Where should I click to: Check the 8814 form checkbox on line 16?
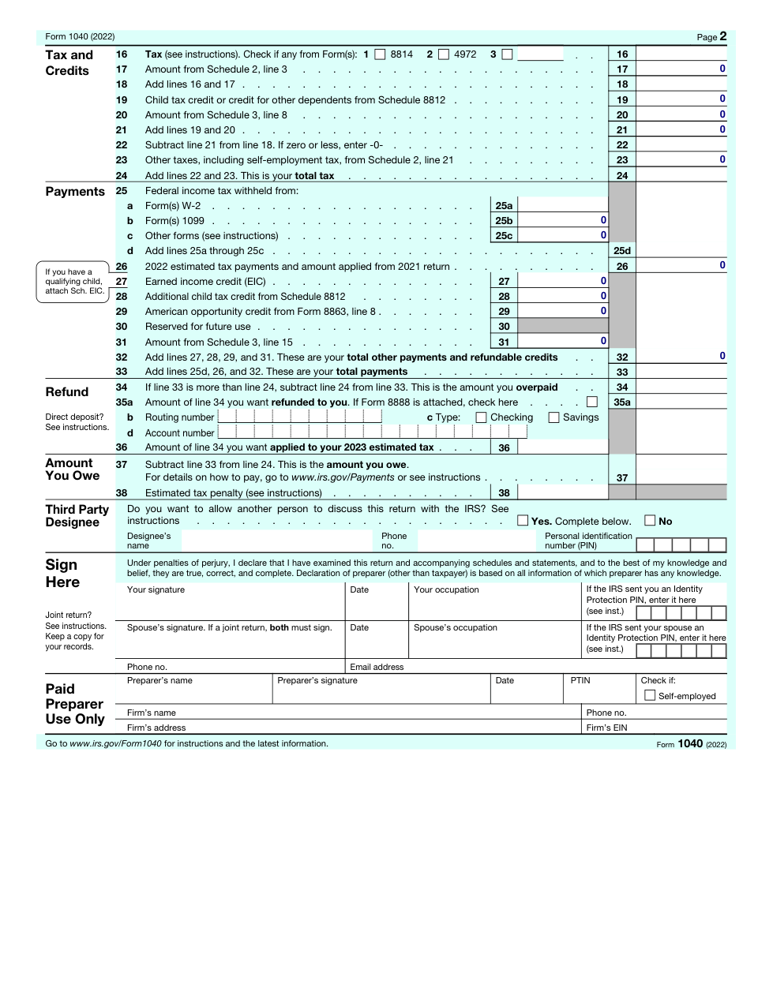pos(380,54)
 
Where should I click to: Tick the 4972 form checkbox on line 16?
pos(444,54)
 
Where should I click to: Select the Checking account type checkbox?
pos(481,417)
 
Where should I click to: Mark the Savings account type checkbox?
pos(553,417)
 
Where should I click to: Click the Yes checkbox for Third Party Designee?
pos(523,521)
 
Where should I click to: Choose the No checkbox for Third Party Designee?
pos(650,521)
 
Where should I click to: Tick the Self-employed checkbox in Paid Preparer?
pos(650,695)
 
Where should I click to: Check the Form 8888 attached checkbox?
pos(592,402)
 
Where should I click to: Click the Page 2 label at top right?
pos(711,36)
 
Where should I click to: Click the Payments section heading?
pos(75,192)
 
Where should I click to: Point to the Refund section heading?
pos(67,392)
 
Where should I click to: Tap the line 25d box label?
pos(622,251)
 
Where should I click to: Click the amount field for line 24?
pos(681,175)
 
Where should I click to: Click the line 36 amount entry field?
pos(563,447)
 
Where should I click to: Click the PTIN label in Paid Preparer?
pos(580,680)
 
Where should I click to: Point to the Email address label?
pos(377,667)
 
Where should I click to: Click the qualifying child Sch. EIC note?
pos(74,282)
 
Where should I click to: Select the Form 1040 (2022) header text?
pos(80,37)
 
